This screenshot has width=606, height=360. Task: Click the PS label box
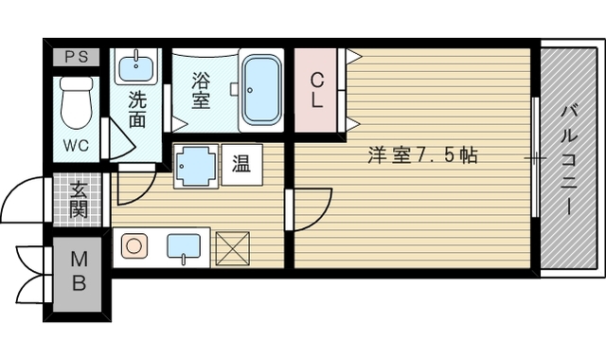pos(76,57)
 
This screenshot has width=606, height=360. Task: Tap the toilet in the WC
pos(77,102)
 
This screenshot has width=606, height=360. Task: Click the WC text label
pos(76,145)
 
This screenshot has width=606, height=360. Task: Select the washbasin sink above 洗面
pos(136,66)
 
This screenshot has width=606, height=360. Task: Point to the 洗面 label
pos(136,109)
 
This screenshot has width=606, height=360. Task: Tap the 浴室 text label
pos(201,91)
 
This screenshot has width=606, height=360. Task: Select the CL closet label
pos(317,91)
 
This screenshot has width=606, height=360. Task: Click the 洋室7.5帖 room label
pos(423,155)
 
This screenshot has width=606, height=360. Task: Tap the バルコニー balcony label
pos(568,159)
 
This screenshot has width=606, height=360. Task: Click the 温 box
pos(241,164)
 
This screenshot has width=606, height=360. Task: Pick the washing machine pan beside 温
pos(196,166)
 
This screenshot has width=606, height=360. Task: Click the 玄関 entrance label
pos(79,200)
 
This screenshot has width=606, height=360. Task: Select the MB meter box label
pos(80,271)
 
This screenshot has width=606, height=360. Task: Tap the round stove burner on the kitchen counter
pos(134,246)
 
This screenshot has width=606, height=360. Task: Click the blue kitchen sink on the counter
pos(184,247)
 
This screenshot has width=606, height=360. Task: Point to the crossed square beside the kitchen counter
pos(232,248)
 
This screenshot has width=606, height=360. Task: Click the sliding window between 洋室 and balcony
pos(535,157)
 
